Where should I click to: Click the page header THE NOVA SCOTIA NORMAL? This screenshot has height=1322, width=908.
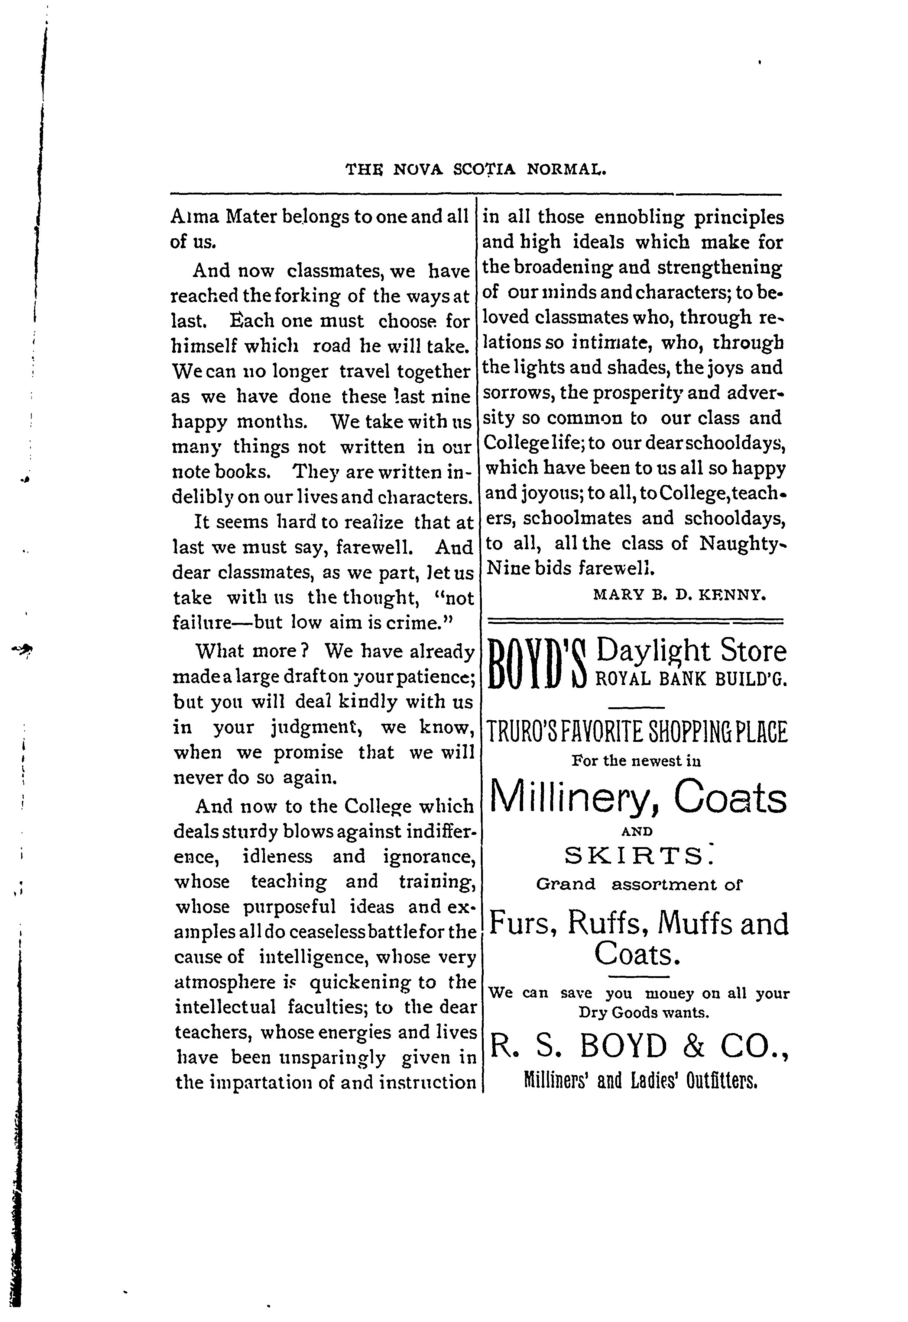coord(476,169)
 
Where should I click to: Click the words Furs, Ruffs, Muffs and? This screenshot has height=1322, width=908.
coord(638,923)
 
